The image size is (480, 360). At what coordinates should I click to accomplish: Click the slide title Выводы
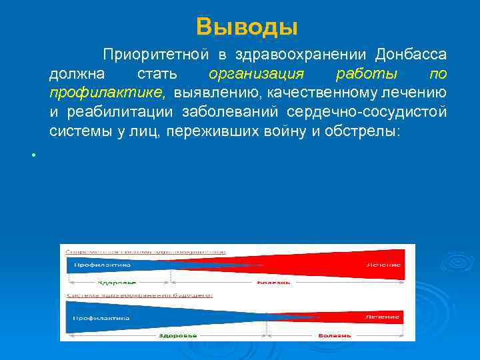(247, 27)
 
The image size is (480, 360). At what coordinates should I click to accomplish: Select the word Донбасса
(411, 54)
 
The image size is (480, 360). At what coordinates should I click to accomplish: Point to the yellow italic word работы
(367, 73)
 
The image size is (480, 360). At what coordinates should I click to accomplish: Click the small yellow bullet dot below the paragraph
(31, 155)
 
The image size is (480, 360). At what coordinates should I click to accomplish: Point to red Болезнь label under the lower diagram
(334, 335)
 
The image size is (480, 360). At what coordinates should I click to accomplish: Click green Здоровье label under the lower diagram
(177, 335)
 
